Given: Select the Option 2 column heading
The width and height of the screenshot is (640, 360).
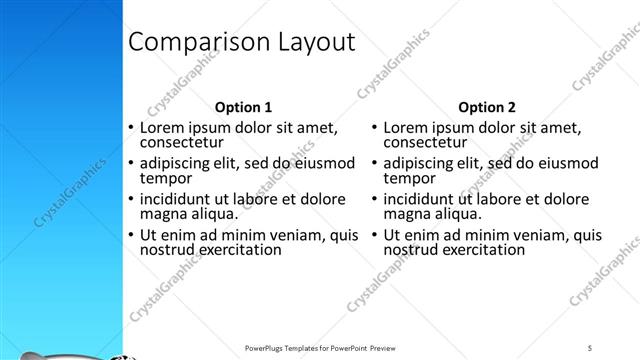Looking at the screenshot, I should [487, 107].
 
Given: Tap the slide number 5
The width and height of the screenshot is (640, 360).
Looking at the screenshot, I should [590, 347].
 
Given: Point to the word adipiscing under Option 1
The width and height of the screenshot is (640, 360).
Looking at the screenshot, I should [176, 163].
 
